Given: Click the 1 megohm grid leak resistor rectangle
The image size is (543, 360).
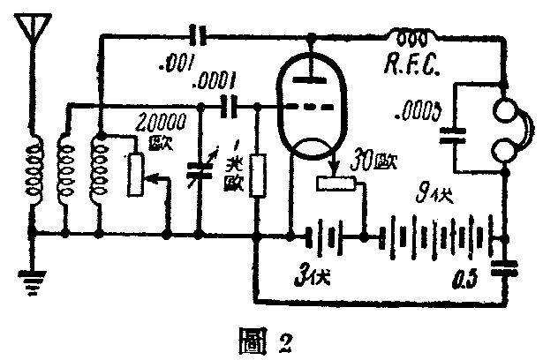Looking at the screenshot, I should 257,175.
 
